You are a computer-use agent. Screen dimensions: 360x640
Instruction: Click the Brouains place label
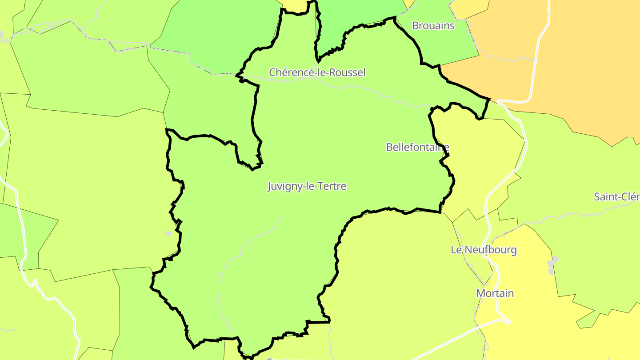point(433,26)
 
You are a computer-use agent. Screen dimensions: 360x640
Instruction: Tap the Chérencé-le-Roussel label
point(317,72)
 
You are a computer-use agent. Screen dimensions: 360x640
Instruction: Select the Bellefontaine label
point(417,147)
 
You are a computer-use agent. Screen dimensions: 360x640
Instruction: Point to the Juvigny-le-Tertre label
point(307,186)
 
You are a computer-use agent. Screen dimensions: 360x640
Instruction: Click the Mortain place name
point(495,293)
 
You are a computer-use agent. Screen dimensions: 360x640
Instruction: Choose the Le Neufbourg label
point(484,250)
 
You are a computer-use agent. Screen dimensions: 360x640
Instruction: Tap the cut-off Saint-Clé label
point(617,197)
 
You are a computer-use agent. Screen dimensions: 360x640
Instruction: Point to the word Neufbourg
point(490,250)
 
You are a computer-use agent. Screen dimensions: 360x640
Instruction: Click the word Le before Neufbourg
point(456,250)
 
